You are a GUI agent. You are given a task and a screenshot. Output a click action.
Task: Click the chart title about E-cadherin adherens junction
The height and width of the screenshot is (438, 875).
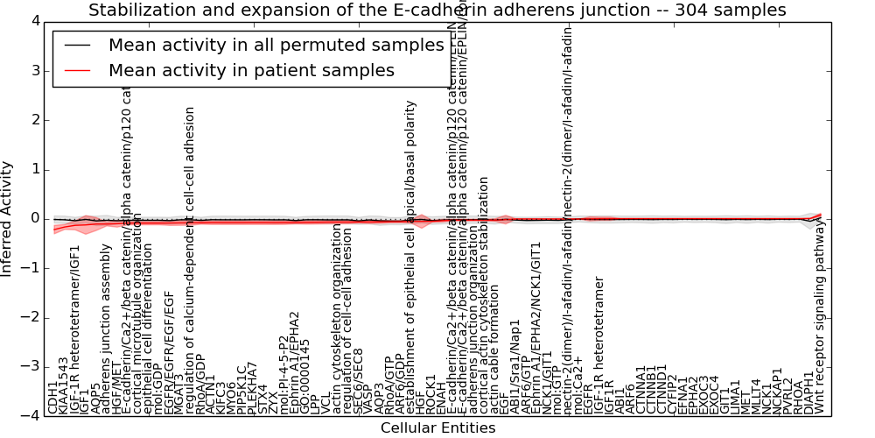tap(437, 11)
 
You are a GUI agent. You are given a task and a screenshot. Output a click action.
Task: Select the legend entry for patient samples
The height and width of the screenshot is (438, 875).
tap(251, 70)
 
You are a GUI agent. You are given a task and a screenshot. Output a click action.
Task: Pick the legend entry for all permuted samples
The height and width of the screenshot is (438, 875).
tap(276, 46)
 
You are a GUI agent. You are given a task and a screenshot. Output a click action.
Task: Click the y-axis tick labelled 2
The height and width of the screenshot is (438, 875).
tap(33, 119)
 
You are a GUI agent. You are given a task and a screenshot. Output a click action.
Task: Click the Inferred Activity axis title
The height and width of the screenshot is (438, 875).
tap(8, 218)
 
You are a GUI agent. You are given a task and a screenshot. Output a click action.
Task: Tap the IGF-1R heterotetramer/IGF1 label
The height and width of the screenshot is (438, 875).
tap(74, 328)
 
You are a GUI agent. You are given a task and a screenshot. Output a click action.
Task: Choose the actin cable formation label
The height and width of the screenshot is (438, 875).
tap(494, 357)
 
